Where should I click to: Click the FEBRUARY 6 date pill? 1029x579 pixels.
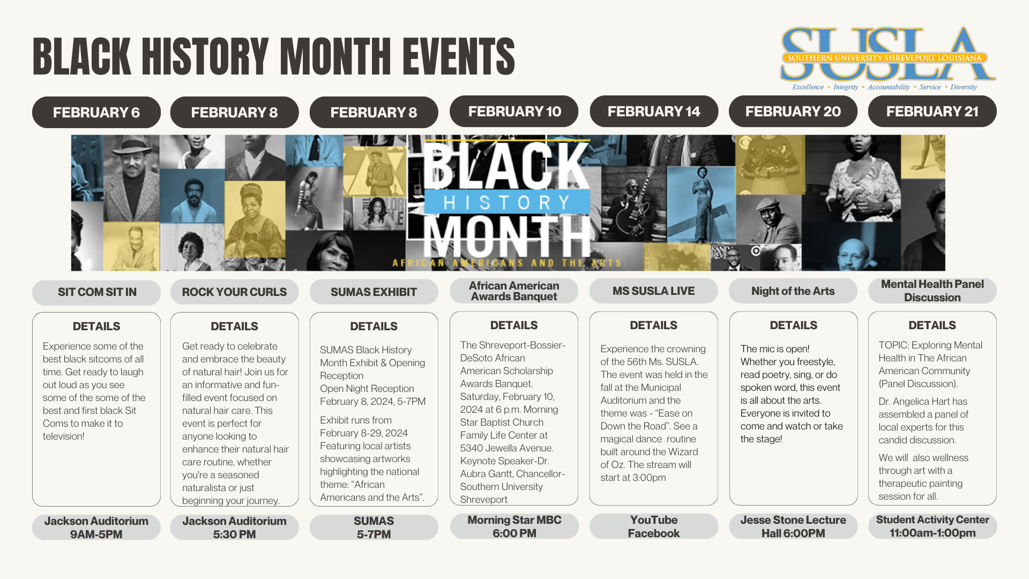pyautogui.click(x=96, y=112)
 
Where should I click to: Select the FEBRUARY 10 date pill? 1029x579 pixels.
pyautogui.click(x=514, y=111)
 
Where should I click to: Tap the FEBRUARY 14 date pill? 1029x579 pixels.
pyautogui.click(x=654, y=111)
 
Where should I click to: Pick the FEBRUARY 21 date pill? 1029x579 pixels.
pyautogui.click(x=933, y=111)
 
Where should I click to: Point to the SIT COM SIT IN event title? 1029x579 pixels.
pyautogui.click(x=96, y=292)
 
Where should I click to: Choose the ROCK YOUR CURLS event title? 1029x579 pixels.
pyautogui.click(x=234, y=292)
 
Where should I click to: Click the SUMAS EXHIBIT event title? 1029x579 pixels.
pyautogui.click(x=374, y=292)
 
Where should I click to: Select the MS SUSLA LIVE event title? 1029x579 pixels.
pyautogui.click(x=654, y=291)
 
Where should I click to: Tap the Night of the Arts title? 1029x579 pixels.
pyautogui.click(x=793, y=291)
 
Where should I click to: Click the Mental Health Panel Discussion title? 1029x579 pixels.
pyautogui.click(x=933, y=291)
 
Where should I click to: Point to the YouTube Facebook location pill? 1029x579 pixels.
pyautogui.click(x=654, y=526)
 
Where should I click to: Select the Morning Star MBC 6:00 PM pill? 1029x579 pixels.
pyautogui.click(x=514, y=526)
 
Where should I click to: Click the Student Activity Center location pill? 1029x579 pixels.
pyautogui.click(x=933, y=526)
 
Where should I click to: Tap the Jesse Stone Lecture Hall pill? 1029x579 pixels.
pyautogui.click(x=793, y=526)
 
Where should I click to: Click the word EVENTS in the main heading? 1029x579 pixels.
pyautogui.click(x=459, y=56)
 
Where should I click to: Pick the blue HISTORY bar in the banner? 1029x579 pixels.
pyautogui.click(x=507, y=203)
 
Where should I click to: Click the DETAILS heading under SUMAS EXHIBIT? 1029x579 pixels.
pyautogui.click(x=374, y=326)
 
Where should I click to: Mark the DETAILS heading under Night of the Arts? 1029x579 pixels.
pyautogui.click(x=793, y=325)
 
